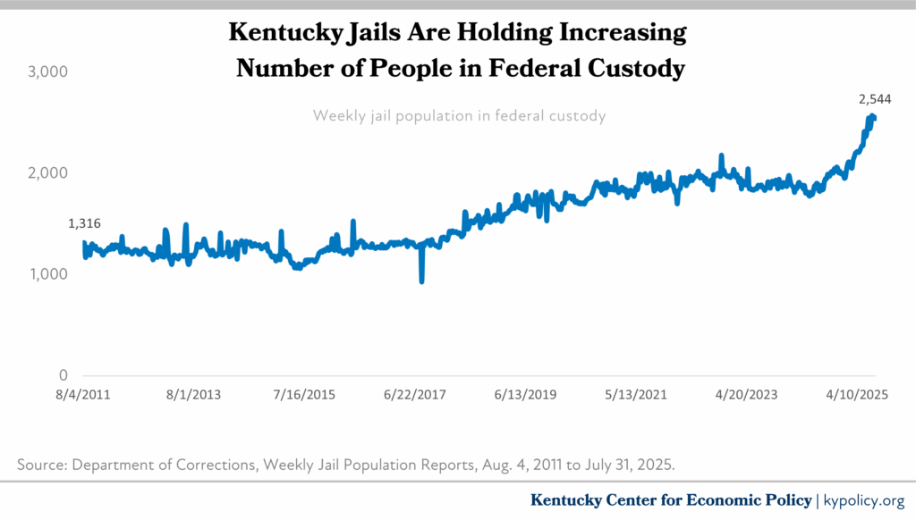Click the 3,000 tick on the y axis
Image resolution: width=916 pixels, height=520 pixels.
coord(47,71)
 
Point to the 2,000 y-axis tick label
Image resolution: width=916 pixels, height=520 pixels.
coord(47,172)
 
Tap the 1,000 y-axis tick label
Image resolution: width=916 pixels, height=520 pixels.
coord(47,274)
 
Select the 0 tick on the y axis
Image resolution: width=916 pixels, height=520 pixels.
coord(63,375)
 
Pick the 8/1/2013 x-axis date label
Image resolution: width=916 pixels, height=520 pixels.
coord(193,394)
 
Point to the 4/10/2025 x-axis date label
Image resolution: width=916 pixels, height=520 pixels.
coord(857,394)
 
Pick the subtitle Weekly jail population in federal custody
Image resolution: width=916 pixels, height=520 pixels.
coord(459,116)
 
